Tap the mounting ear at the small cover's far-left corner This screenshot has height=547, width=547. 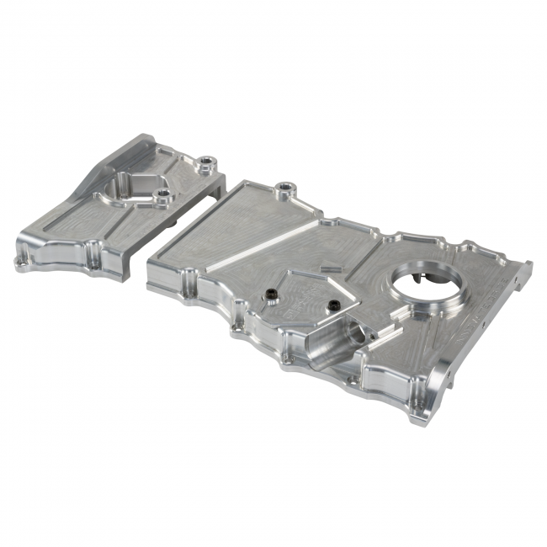pos(20,264)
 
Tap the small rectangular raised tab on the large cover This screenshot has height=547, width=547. pos(330,268)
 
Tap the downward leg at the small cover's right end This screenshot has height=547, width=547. pos(218,185)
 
